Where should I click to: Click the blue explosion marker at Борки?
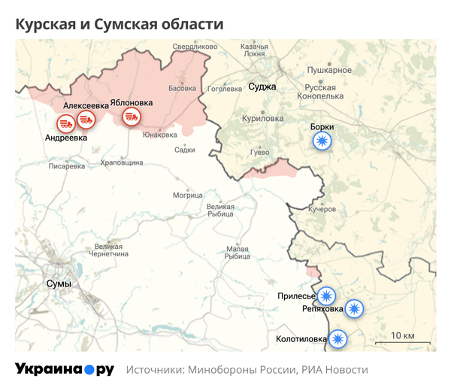[322, 141]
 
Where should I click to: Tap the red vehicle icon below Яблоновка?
[132, 117]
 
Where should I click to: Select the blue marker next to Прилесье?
[326, 296]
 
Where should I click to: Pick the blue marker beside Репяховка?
[353, 308]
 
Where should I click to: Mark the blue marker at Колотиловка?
[338, 339]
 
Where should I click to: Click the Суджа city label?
[262, 87]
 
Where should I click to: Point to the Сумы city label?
[59, 283]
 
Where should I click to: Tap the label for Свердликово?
[195, 47]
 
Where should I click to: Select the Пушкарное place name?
[329, 70]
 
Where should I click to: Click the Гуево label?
[259, 153]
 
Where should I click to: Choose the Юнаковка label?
[159, 135]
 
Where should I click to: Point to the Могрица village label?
[188, 195]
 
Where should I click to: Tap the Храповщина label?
[121, 162]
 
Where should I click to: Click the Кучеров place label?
[322, 209]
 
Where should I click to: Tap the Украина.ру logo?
[65, 369]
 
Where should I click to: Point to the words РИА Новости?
[334, 370]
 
